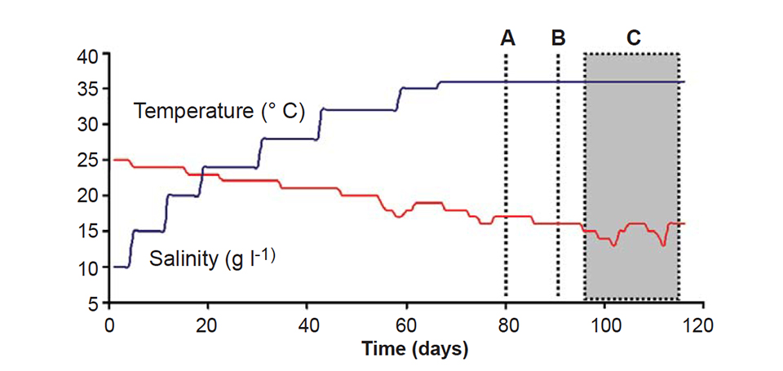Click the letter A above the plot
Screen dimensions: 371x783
tap(507, 38)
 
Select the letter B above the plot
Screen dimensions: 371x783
tap(558, 38)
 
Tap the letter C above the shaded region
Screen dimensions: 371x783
tap(633, 38)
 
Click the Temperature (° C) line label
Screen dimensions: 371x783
tap(219, 111)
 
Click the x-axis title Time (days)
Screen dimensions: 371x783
tap(414, 351)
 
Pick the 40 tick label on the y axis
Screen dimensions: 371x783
tap(87, 55)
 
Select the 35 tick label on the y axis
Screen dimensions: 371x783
tap(87, 90)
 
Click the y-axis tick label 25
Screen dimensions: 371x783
tap(87, 161)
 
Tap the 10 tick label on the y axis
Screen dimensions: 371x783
tap(87, 267)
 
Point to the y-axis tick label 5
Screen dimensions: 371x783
tap(92, 303)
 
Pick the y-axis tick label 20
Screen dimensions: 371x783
tap(87, 197)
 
